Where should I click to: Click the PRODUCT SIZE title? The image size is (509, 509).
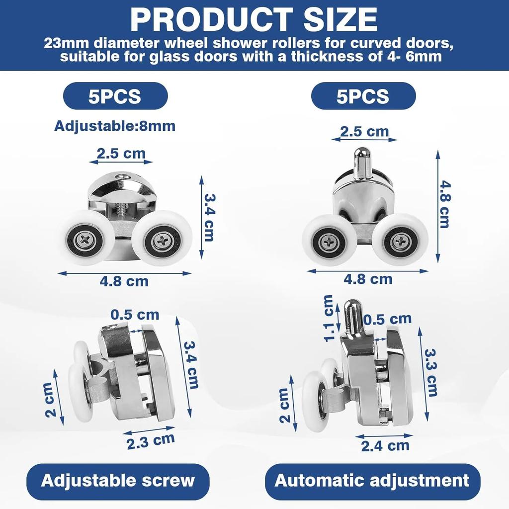click(x=254, y=19)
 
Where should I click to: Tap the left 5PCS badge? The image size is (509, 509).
click(x=115, y=96)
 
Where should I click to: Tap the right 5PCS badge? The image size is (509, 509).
click(x=363, y=96)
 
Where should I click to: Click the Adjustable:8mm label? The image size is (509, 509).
click(x=115, y=126)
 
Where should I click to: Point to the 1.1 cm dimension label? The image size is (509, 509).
click(x=329, y=319)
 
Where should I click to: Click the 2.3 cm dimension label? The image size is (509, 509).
click(x=151, y=441)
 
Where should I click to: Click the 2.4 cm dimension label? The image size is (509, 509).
click(x=385, y=446)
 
